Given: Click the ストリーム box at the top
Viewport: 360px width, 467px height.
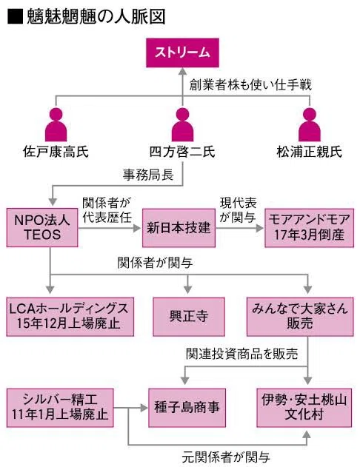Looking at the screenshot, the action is click(x=182, y=53).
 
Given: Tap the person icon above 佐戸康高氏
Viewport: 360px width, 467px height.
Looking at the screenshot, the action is click(x=56, y=124).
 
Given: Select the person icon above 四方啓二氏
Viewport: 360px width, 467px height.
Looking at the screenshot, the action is click(x=183, y=124).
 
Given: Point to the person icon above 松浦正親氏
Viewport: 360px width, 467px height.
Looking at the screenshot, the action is click(x=310, y=124).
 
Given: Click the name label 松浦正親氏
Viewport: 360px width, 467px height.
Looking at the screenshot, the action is click(x=310, y=152).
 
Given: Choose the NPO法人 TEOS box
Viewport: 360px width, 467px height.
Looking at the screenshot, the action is click(x=42, y=227).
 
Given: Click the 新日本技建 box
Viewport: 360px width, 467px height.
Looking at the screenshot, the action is click(x=179, y=228).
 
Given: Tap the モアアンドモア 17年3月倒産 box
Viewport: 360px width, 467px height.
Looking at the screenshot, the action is click(x=310, y=228).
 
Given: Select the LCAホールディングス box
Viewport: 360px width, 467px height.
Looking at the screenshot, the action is click(x=70, y=317).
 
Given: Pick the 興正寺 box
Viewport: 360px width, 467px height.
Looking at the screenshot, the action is click(x=189, y=317).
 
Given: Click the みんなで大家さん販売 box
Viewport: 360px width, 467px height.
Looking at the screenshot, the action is click(x=300, y=317).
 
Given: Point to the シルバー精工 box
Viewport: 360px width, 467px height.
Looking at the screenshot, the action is click(x=60, y=408).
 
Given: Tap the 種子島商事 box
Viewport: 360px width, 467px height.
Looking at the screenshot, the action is click(x=187, y=408).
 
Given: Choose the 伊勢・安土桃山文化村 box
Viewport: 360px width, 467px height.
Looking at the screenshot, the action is click(x=304, y=408).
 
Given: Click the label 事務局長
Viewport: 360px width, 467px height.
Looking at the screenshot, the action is click(x=148, y=175).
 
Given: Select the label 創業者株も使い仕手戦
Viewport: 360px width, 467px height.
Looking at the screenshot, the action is click(x=250, y=85).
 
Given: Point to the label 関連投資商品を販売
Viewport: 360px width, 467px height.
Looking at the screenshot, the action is click(x=242, y=354).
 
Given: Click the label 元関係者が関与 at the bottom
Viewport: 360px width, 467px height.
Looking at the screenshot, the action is click(x=226, y=457).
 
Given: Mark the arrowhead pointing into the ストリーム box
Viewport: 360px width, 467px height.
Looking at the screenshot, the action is click(x=183, y=71).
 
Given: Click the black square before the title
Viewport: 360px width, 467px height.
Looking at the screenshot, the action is click(x=15, y=17).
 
